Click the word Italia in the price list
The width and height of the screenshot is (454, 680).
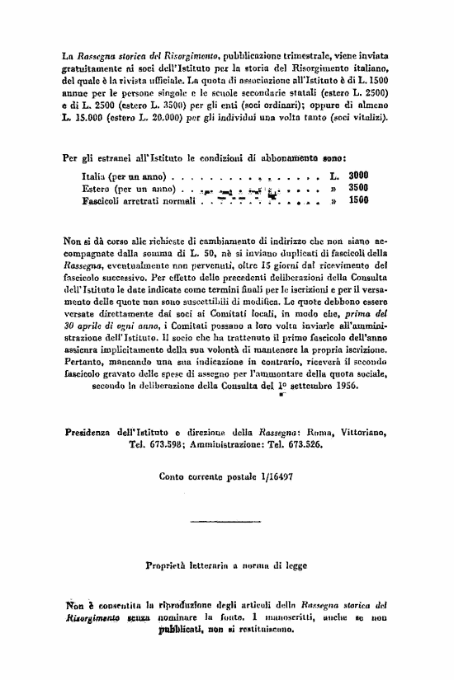pos(96,176)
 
